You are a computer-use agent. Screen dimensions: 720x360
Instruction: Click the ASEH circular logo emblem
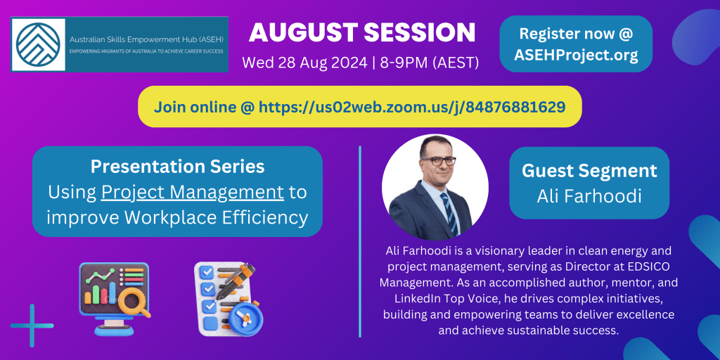(38, 44)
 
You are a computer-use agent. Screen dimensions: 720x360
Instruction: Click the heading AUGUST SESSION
(362, 34)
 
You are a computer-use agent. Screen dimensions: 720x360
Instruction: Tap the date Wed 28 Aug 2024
(304, 62)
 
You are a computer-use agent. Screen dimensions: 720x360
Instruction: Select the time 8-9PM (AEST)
(430, 62)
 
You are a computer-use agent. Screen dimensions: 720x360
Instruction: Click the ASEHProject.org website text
(576, 55)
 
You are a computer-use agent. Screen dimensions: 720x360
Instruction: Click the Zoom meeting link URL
(412, 107)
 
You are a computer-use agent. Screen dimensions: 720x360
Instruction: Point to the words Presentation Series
(177, 166)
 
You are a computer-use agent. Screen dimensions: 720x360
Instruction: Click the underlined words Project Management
(193, 193)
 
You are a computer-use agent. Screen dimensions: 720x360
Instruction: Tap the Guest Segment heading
(589, 170)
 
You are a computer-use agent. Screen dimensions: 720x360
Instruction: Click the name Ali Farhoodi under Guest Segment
(589, 196)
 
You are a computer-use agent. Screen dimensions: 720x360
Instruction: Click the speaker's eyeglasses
(438, 160)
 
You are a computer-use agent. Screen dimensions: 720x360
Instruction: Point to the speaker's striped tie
(449, 213)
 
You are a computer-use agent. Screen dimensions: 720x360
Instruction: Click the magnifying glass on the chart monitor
(137, 303)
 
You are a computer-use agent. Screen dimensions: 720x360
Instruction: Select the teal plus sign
(32, 326)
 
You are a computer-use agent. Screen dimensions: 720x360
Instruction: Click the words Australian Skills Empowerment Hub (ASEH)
(145, 40)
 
